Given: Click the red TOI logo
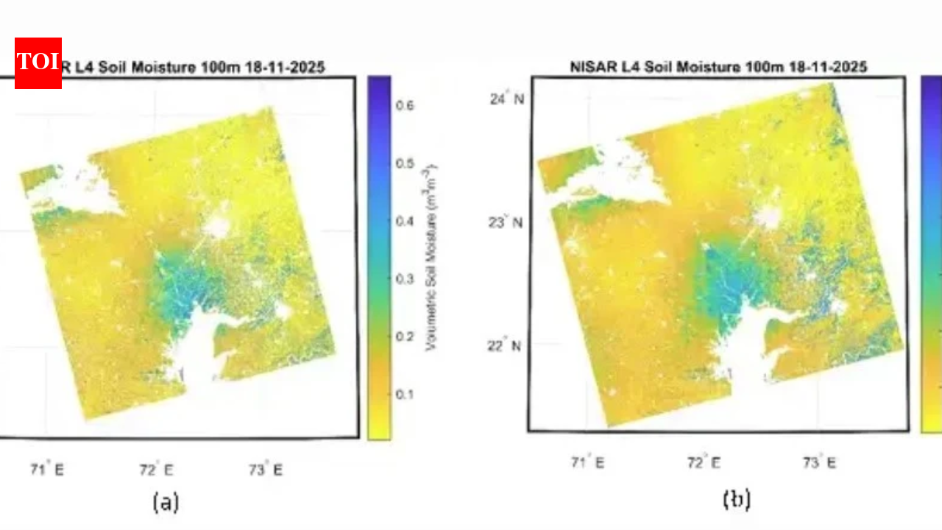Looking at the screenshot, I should [x=38, y=63].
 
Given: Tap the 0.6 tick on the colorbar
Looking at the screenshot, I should [x=406, y=106].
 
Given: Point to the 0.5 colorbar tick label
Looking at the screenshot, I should [x=406, y=163].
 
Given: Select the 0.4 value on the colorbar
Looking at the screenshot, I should [x=406, y=222].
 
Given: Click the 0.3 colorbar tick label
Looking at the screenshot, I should [x=406, y=279].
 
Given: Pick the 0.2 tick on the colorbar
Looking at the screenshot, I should [x=406, y=336].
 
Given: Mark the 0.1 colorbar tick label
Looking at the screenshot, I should [x=406, y=395].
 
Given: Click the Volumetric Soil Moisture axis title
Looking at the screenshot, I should [x=431, y=257].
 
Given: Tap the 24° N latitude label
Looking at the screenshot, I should [x=508, y=99].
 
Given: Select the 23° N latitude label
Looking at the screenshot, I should [x=508, y=222].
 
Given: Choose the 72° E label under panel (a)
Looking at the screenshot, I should [x=157, y=469].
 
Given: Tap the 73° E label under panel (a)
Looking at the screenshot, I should [x=266, y=469].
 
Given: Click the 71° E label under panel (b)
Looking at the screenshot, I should [x=587, y=462].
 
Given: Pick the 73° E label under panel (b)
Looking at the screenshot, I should [x=818, y=462].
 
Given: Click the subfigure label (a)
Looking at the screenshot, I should [x=166, y=503].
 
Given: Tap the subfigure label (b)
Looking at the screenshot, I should [x=736, y=500].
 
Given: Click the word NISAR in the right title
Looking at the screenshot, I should [x=590, y=67].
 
